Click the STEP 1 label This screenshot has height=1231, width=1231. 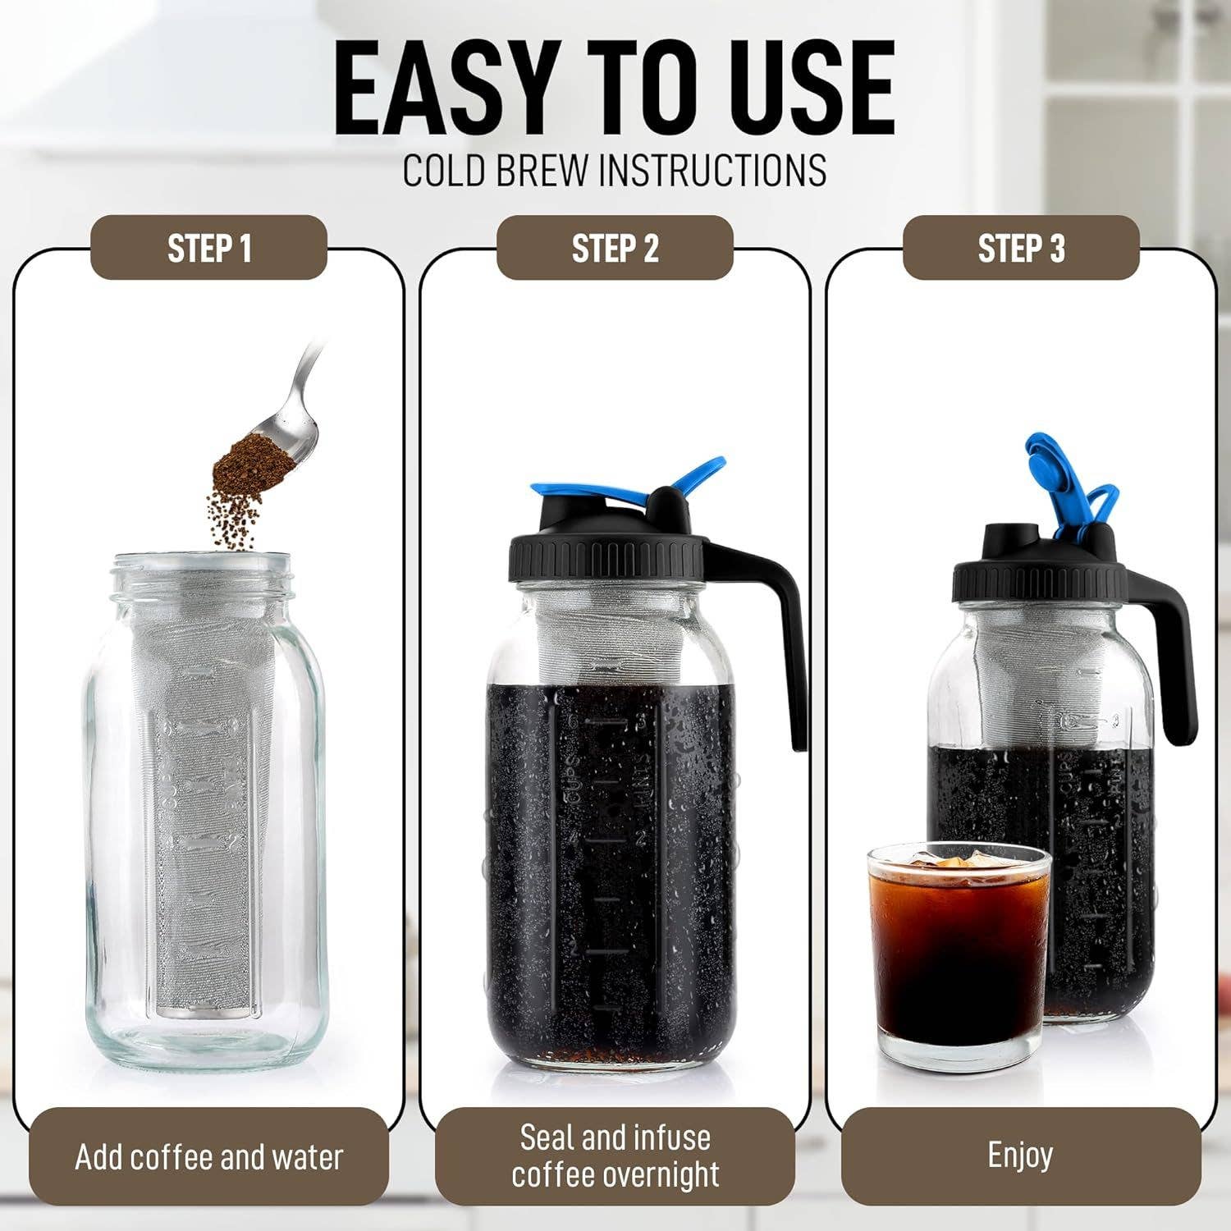(208, 248)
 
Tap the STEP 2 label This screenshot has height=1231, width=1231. (615, 248)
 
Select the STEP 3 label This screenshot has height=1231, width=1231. (1021, 248)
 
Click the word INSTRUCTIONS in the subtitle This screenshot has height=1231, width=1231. (712, 169)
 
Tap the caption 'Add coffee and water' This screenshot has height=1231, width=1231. (208, 1157)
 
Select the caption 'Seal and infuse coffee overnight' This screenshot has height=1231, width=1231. (615, 1155)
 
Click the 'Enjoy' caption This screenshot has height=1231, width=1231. (1020, 1155)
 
